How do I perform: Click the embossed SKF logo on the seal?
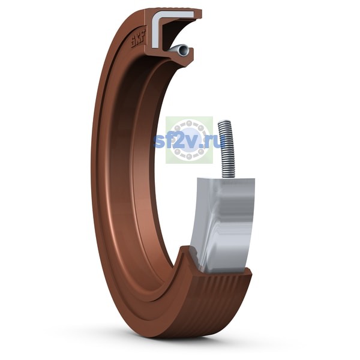click(139, 39)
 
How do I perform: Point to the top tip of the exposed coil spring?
click(224, 121)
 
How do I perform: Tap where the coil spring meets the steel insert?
click(228, 178)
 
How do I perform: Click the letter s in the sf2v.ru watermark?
click(158, 141)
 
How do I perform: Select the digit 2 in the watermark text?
click(179, 140)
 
